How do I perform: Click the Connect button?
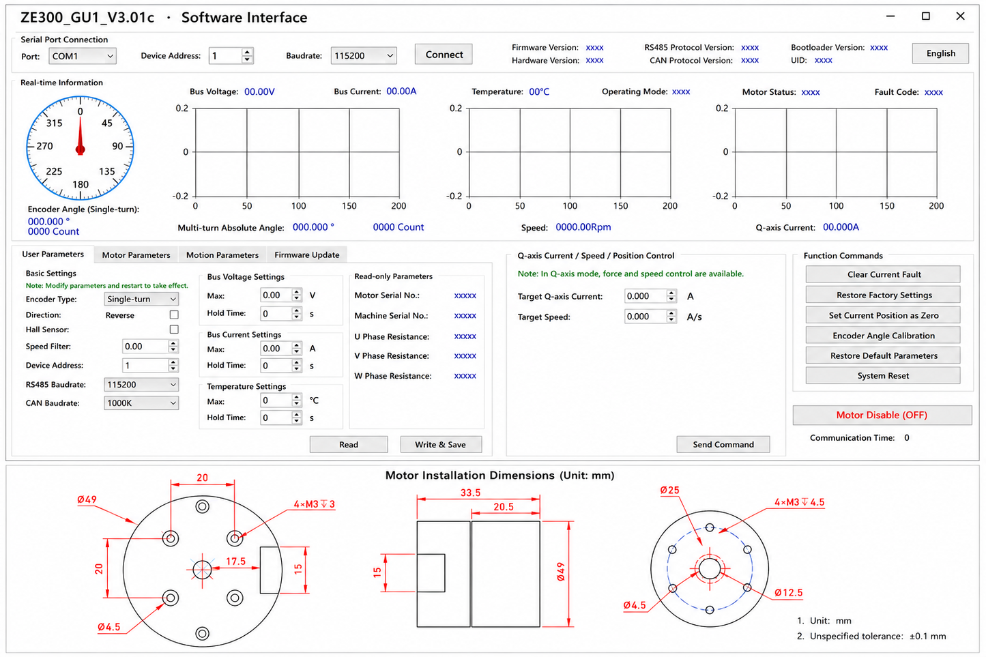tap(444, 54)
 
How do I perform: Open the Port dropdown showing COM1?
tap(83, 56)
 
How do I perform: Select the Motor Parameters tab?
tap(136, 254)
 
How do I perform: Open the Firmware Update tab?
tap(307, 254)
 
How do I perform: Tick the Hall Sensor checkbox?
tap(174, 329)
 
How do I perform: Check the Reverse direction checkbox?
tap(174, 315)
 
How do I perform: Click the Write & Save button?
tap(441, 444)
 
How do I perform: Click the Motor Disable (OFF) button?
tap(882, 415)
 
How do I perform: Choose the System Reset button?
tap(883, 376)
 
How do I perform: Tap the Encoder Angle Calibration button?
tap(883, 335)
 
